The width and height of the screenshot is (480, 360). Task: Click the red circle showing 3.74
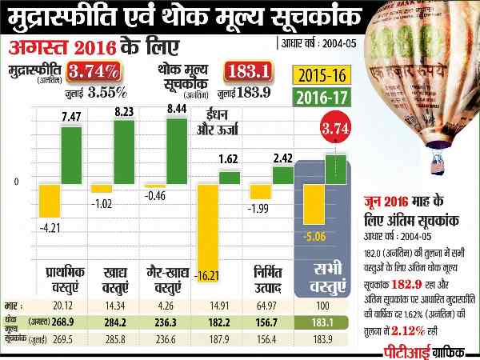click(337, 129)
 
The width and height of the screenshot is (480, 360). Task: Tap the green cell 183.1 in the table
click(322, 321)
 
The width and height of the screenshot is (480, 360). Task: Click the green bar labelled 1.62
click(230, 177)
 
